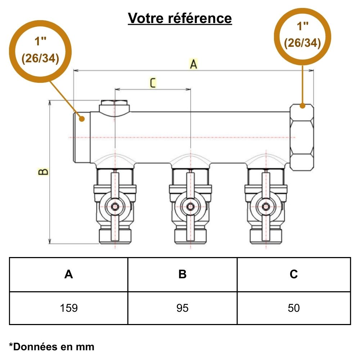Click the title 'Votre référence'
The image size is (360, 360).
180,18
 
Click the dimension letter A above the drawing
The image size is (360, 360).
194,64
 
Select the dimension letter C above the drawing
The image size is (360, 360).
153,83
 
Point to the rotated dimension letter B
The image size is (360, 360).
44,172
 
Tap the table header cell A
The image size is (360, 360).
68,274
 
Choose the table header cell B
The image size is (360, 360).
183,274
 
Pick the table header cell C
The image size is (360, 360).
294,274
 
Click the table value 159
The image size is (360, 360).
68,308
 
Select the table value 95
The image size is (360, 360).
183,308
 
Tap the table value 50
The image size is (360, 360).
294,308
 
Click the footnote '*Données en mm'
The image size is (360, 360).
51,347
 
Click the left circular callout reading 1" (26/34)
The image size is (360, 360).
40,50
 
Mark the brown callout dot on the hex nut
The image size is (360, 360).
302,106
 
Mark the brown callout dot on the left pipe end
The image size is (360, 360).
81,118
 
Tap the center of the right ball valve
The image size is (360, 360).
266,207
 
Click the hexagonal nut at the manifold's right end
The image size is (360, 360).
302,137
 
